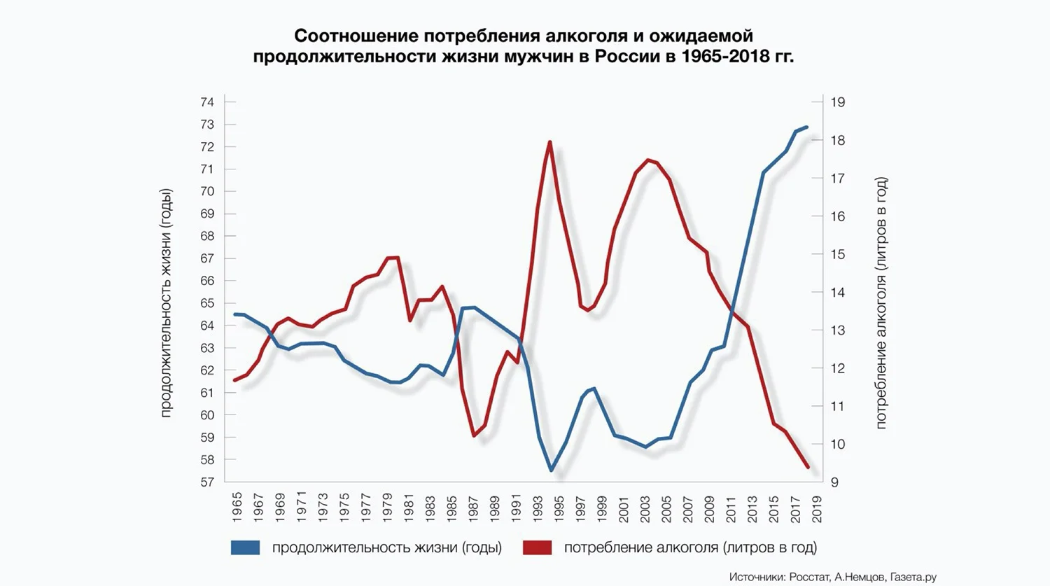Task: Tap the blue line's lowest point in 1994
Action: (x=551, y=470)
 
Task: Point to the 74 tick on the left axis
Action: (x=207, y=102)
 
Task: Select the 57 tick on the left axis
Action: (x=207, y=482)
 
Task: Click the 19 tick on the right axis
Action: (x=838, y=102)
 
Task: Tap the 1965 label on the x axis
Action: (x=237, y=508)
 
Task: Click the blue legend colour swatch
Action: (x=245, y=547)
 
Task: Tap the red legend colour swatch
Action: (x=538, y=547)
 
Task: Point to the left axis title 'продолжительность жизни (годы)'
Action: (x=166, y=303)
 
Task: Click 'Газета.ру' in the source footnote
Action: (x=913, y=577)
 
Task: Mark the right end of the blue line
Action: (x=807, y=127)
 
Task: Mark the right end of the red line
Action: (x=808, y=467)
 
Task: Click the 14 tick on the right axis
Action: (x=838, y=293)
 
